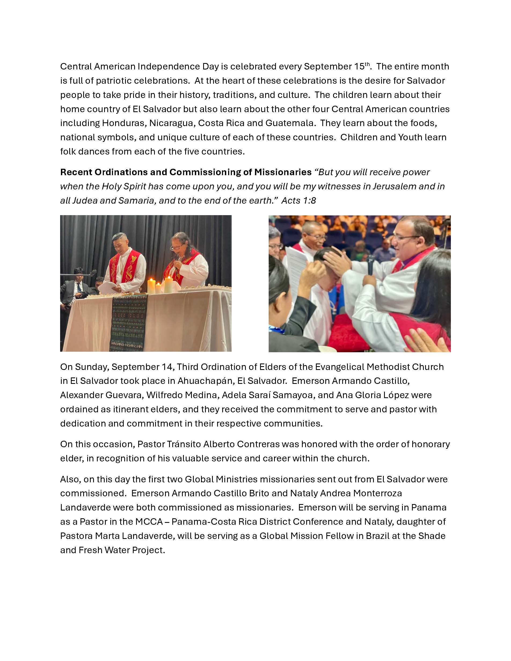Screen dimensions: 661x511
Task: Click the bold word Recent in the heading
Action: pos(76,172)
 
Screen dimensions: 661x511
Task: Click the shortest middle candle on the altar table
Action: pos(158,288)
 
